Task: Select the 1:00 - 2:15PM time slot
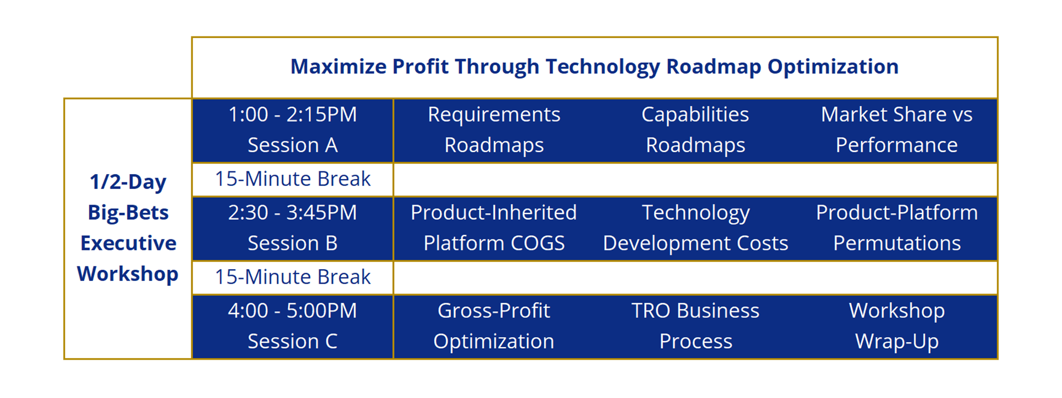click(x=293, y=114)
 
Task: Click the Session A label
click(x=293, y=145)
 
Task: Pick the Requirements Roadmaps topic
click(x=494, y=129)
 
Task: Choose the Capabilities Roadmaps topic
click(x=695, y=129)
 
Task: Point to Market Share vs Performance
click(x=897, y=129)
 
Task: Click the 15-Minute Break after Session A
click(x=293, y=179)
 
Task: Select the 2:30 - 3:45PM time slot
click(x=293, y=212)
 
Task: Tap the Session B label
click(x=293, y=243)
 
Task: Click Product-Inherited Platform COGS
click(x=494, y=228)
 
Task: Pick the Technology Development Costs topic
click(x=695, y=228)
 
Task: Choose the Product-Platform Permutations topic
click(x=897, y=228)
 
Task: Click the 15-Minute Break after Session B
click(x=293, y=277)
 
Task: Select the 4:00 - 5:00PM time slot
click(x=293, y=311)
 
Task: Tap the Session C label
click(x=293, y=341)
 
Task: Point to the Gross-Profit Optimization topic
click(x=494, y=326)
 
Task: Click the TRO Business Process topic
click(x=695, y=326)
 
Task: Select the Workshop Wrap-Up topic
click(x=897, y=326)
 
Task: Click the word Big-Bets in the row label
click(x=128, y=213)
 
